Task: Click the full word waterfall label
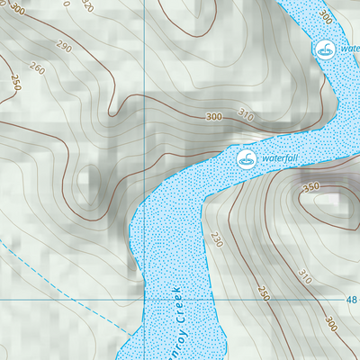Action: (279, 159)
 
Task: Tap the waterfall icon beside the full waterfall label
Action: (245, 159)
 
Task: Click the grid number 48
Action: (350, 300)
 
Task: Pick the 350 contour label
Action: (312, 187)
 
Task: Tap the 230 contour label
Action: (216, 240)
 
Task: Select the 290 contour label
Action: (62, 45)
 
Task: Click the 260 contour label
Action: (37, 67)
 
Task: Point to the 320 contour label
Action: (86, 5)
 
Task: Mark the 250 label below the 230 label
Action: (263, 293)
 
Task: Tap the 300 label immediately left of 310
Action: (213, 116)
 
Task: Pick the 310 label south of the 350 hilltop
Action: (304, 274)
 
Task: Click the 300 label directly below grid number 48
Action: (332, 322)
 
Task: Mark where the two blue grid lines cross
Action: (144, 298)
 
